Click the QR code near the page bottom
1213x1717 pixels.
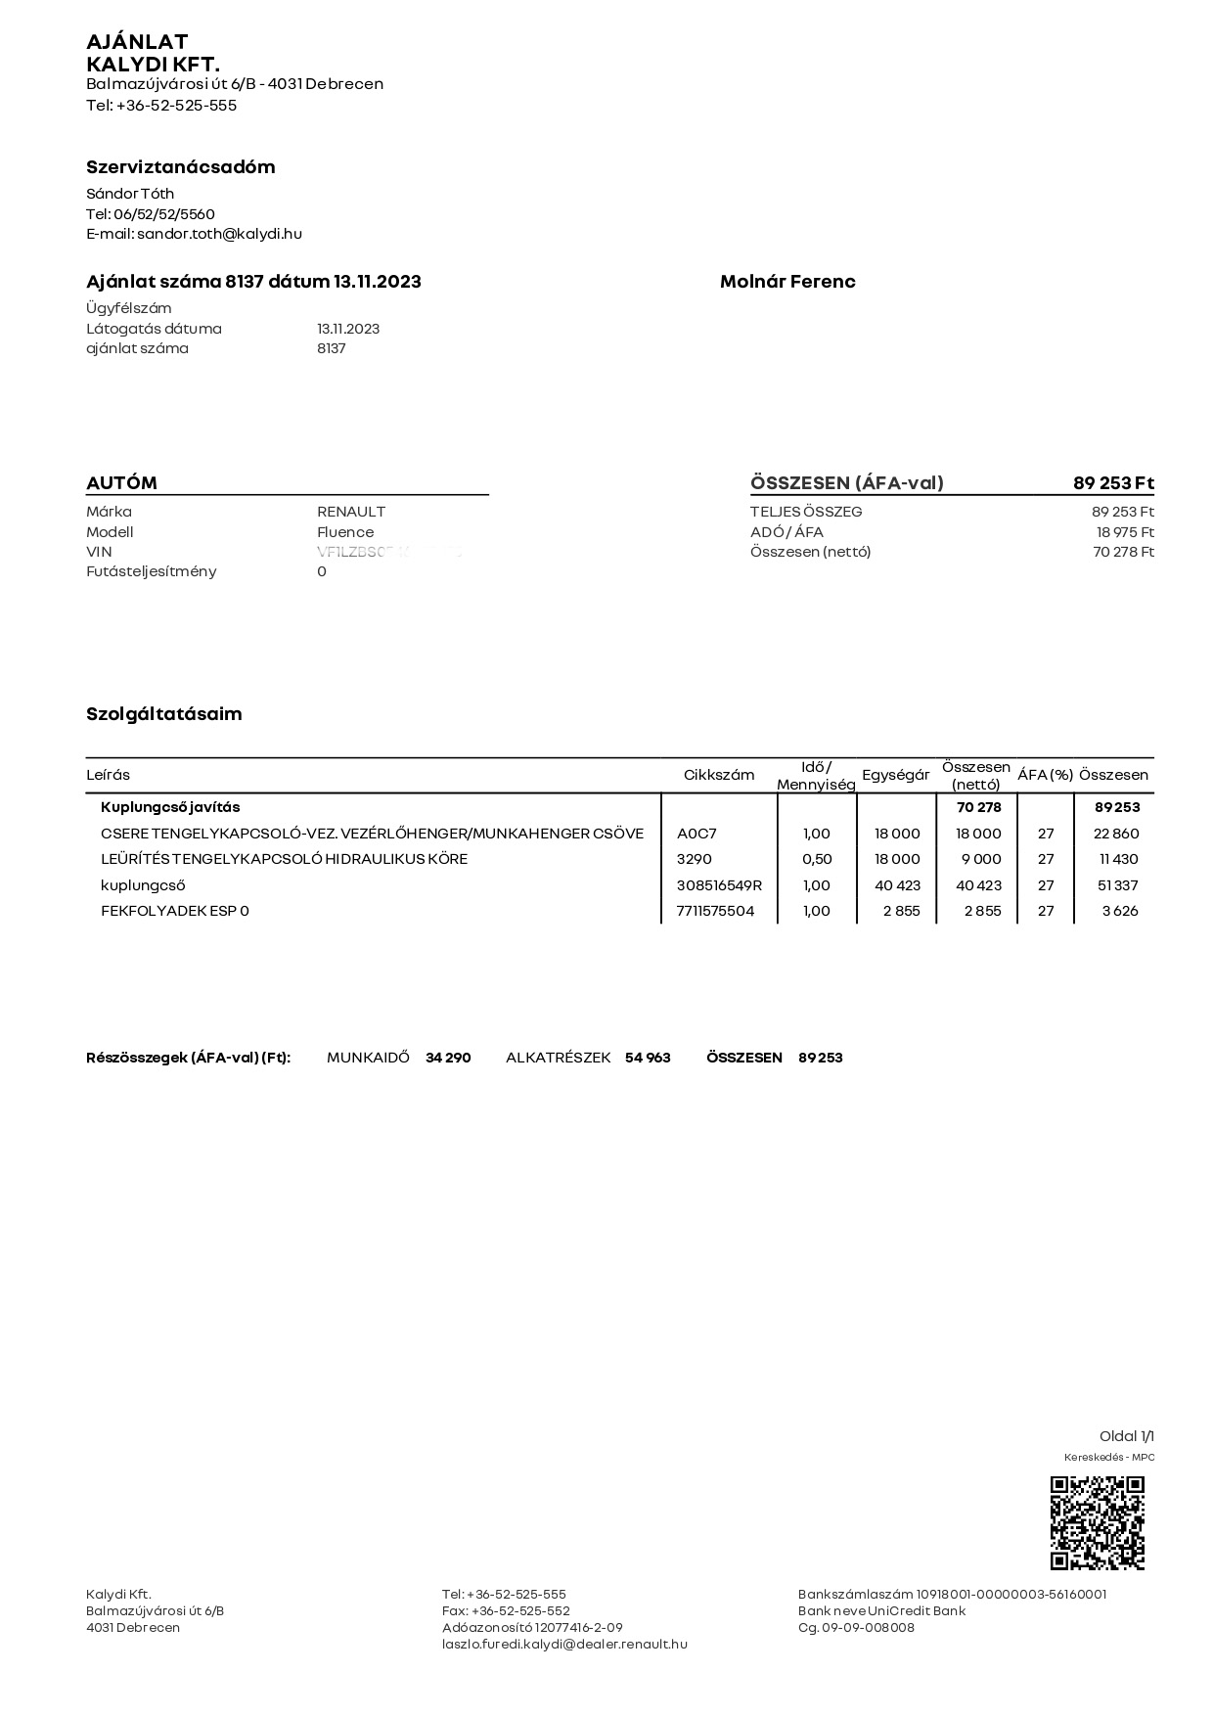click(1097, 1523)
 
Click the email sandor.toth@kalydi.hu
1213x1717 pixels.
click(219, 234)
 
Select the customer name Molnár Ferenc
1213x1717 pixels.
click(787, 282)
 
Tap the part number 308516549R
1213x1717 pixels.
click(719, 885)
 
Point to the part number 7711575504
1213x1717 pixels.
click(715, 911)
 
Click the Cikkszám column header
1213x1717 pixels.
click(719, 775)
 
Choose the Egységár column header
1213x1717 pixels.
click(895, 775)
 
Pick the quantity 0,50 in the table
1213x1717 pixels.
click(816, 859)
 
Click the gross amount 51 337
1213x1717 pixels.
click(1119, 885)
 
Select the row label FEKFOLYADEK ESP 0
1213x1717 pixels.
click(175, 911)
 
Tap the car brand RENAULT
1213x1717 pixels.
click(351, 512)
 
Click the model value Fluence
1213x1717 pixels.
click(345, 532)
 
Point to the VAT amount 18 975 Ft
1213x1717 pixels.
click(1125, 532)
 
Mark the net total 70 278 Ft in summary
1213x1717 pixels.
click(1123, 552)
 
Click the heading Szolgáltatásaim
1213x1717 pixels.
click(164, 714)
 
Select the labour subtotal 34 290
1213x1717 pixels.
click(448, 1058)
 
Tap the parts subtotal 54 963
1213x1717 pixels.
click(648, 1058)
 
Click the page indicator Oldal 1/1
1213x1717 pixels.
click(1127, 1436)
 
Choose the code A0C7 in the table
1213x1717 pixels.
click(696, 834)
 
